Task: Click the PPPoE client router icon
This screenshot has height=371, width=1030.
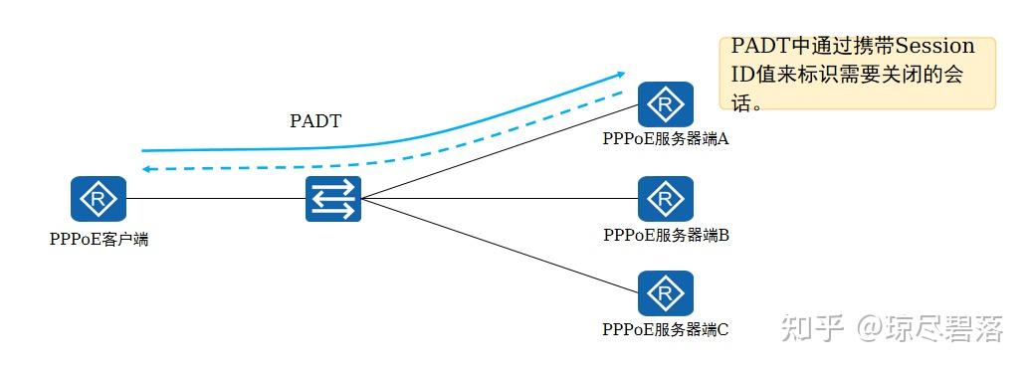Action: click(x=99, y=199)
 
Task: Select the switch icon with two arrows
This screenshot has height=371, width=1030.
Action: click(x=332, y=199)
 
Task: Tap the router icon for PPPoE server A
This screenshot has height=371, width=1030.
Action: click(x=665, y=103)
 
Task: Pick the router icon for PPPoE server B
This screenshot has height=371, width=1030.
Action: click(x=665, y=199)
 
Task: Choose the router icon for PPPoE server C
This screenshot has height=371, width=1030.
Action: click(x=665, y=292)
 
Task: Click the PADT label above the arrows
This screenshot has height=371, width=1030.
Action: click(x=315, y=121)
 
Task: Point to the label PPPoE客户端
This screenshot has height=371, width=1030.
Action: click(x=99, y=239)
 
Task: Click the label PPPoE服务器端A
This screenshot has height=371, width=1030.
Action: click(x=666, y=139)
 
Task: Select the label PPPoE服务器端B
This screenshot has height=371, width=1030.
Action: click(x=666, y=236)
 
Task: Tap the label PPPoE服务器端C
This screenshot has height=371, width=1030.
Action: click(x=666, y=328)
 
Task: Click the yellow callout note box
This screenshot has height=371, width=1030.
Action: click(x=857, y=74)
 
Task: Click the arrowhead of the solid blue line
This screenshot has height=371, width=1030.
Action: click(x=620, y=73)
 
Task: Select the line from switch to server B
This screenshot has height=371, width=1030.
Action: click(x=498, y=199)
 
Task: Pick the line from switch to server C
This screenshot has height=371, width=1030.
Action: click(x=498, y=245)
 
